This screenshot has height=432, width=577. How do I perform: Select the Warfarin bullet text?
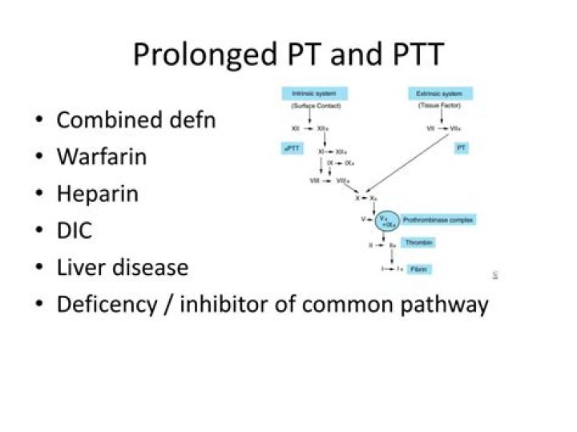[101, 156]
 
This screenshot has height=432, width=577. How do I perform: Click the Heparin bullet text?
[97, 194]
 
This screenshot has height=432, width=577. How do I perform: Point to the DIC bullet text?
[74, 231]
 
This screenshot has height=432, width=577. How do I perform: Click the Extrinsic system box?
[439, 93]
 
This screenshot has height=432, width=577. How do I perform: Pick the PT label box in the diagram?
[462, 149]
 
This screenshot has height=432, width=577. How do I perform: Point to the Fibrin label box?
[418, 269]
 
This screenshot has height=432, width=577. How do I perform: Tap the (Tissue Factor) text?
[439, 106]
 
